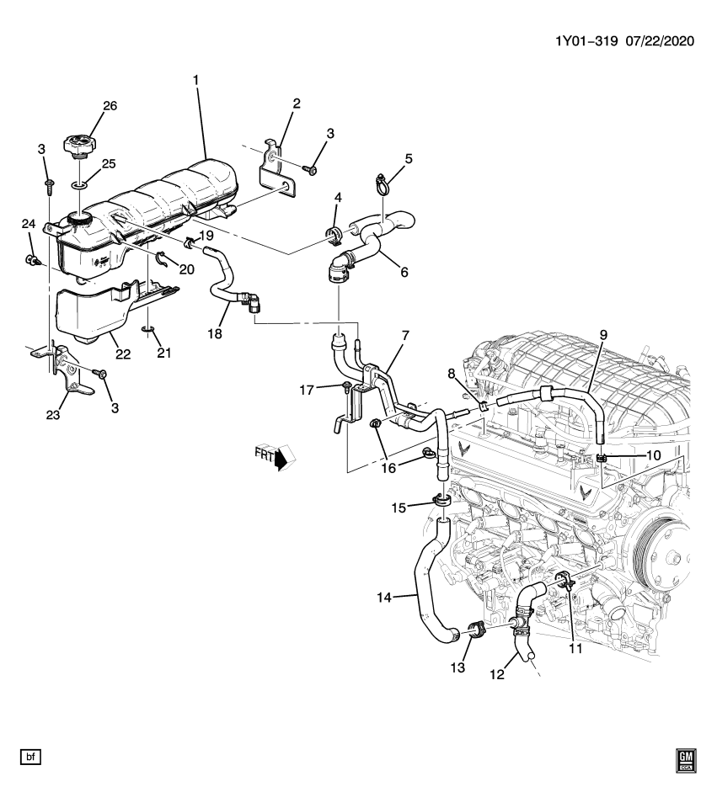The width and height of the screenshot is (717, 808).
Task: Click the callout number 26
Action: (110, 106)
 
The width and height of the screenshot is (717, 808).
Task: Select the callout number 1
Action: (195, 80)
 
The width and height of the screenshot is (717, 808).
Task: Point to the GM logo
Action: (683, 761)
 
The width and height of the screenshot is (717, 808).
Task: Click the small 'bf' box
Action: (31, 758)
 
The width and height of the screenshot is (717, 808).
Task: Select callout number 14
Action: (384, 598)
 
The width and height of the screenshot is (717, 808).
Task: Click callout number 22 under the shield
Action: (123, 354)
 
